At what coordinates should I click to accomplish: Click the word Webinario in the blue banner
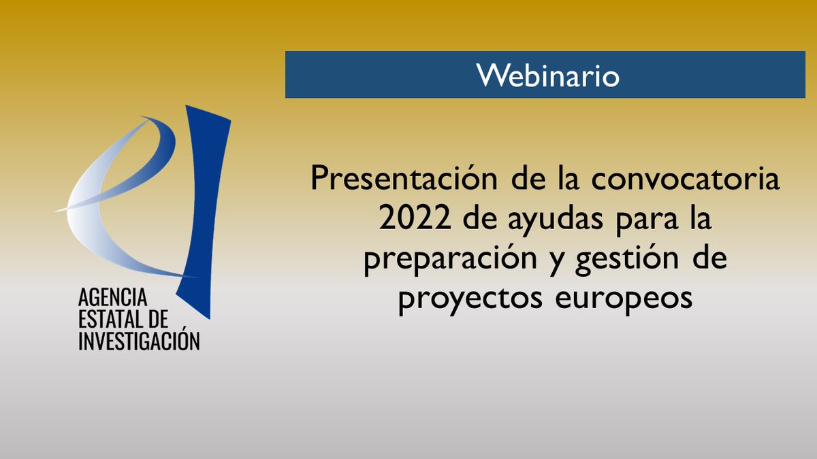pos(548,75)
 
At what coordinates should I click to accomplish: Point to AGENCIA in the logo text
pos(112,298)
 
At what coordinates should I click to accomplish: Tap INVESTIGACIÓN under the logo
pos(139,341)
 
